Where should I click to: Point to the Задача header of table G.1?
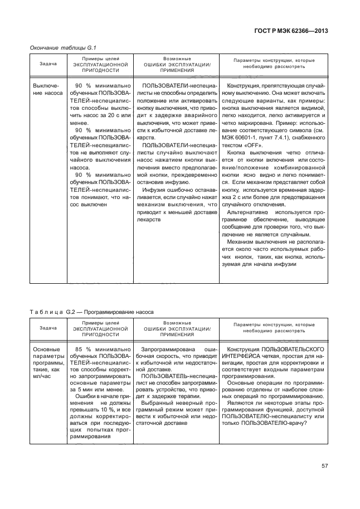48,64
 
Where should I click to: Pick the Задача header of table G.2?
48,328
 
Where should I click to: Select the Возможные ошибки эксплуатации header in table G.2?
177,328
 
